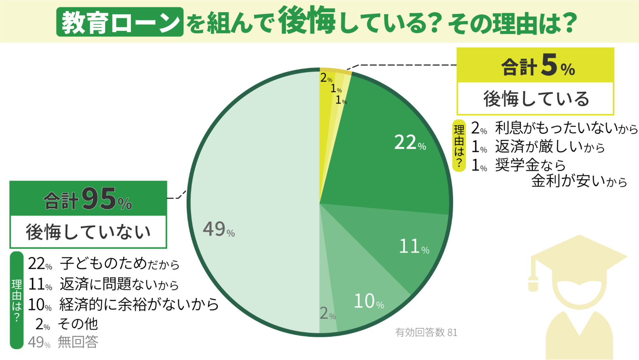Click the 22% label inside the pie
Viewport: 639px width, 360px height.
coord(410,143)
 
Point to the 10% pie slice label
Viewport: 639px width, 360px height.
coord(369,301)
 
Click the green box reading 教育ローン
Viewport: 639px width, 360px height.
coord(120,22)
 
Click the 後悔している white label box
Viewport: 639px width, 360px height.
coord(535,98)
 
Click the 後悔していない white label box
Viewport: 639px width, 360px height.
coord(88,232)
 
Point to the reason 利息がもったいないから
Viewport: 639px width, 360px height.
coord(566,128)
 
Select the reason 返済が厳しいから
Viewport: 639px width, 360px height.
coord(550,147)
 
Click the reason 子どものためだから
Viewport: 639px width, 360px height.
coord(120,264)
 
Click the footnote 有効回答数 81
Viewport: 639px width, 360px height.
coord(426,333)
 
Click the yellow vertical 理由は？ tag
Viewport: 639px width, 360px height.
coord(459,145)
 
